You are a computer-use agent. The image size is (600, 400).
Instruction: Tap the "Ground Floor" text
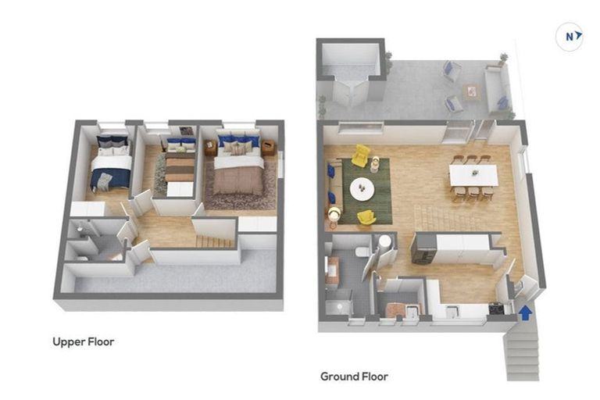354,377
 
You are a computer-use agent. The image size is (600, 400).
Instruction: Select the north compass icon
570,36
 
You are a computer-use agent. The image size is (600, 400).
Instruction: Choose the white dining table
473,175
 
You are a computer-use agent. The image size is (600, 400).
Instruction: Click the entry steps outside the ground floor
522,352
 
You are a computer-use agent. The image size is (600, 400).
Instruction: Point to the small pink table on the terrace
471,91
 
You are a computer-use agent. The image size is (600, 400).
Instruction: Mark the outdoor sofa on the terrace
495,88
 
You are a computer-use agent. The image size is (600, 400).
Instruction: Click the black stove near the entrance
495,309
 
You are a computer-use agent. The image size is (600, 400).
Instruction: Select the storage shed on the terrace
351,72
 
